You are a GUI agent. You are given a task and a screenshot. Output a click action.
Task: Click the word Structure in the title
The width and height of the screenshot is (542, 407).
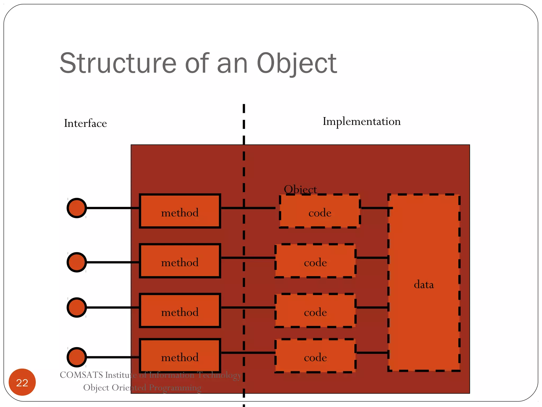[118, 64]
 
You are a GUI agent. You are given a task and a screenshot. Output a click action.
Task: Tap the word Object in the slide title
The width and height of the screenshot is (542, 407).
[296, 64]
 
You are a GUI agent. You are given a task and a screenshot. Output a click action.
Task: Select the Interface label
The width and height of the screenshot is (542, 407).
[85, 123]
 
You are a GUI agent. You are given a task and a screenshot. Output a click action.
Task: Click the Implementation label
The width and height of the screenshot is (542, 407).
[362, 122]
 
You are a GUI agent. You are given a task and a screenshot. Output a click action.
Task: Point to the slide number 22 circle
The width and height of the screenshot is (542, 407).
[22, 382]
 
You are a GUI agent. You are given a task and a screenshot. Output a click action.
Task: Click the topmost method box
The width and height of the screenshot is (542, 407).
[180, 211]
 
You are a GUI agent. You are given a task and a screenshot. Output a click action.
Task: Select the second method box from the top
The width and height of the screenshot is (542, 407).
[180, 261]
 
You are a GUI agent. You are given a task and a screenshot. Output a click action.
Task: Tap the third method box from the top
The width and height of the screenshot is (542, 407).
[180, 311]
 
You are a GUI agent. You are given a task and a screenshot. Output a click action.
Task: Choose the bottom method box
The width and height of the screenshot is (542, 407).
[180, 356]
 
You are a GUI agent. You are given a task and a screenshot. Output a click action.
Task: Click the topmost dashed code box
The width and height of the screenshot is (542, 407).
[320, 211]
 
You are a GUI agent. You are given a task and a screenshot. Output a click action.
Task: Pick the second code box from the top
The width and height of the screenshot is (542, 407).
[315, 261]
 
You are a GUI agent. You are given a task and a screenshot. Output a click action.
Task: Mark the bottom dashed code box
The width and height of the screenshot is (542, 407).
[315, 356]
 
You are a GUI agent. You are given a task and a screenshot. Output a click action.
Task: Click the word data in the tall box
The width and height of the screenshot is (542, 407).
[424, 285]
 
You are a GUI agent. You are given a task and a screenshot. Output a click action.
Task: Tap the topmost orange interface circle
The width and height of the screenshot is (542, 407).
[77, 208]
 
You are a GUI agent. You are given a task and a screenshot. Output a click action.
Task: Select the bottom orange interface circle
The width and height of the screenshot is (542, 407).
[77, 357]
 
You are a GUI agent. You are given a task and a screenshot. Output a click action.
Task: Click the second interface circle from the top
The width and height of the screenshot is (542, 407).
[77, 262]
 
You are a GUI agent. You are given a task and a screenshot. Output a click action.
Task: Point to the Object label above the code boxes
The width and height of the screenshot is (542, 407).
[300, 189]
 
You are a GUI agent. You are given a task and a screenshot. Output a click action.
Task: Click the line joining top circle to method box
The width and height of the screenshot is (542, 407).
[112, 208]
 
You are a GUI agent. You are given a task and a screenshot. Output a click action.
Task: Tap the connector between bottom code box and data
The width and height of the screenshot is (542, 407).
[372, 353]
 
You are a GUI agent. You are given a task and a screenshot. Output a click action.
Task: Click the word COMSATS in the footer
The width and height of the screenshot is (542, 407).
[81, 375]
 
